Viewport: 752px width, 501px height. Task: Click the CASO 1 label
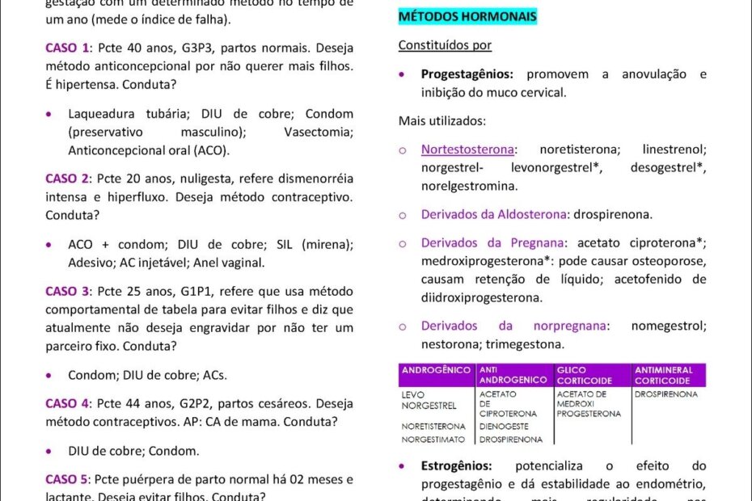(67, 48)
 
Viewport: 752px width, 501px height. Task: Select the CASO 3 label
(67, 291)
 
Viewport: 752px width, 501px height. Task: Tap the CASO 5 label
(67, 479)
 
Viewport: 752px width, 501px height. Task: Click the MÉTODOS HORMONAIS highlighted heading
(467, 16)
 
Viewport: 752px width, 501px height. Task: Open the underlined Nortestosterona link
(467, 149)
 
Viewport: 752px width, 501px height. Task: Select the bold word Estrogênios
(456, 466)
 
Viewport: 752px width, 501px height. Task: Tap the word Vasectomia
(319, 132)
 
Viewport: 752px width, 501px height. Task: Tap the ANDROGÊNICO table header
(436, 370)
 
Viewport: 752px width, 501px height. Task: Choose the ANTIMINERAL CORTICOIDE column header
(663, 375)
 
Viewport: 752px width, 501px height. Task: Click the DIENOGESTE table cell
(504, 427)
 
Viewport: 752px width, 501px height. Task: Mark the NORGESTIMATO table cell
(433, 440)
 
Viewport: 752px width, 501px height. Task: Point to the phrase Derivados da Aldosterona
(492, 214)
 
